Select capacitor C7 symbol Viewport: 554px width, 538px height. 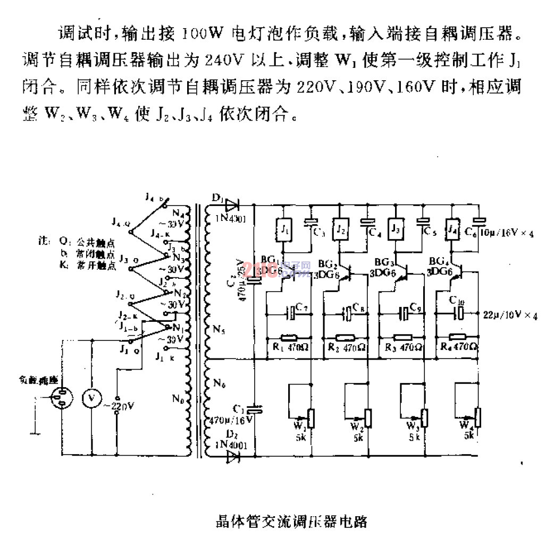point(291,313)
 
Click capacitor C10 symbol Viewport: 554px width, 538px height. point(458,313)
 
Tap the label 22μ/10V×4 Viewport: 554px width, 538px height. point(510,315)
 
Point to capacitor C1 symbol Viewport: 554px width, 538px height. point(255,409)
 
